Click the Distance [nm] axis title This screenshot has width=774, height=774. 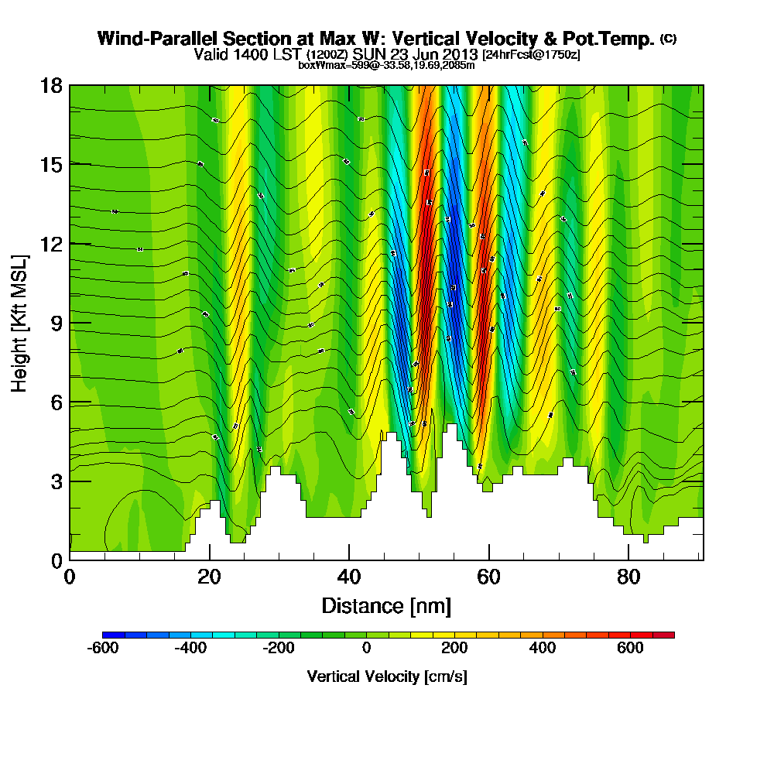tap(386, 604)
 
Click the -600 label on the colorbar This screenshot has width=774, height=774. tap(103, 648)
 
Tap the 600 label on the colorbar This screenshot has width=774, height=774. tap(630, 648)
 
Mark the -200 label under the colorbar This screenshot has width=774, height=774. tap(279, 648)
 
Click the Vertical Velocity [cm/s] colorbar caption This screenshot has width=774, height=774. tap(387, 676)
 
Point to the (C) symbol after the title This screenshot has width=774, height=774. tap(668, 39)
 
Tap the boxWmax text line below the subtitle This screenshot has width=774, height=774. tap(386, 65)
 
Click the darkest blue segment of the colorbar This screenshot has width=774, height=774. tap(108, 635)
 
